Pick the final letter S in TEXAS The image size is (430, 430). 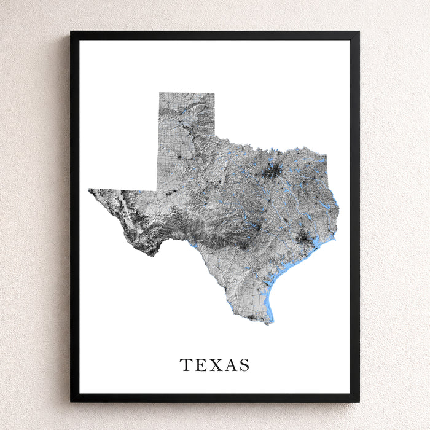point(244,365)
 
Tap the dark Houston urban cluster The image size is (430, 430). point(302,237)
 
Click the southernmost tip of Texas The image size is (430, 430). point(268,323)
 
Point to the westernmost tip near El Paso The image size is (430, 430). point(90,190)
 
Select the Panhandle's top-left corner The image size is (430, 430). point(160,93)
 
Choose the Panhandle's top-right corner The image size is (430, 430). point(214,93)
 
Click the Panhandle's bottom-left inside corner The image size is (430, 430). point(159,189)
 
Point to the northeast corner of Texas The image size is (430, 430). point(326,154)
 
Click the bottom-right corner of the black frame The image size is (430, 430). point(359,402)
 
